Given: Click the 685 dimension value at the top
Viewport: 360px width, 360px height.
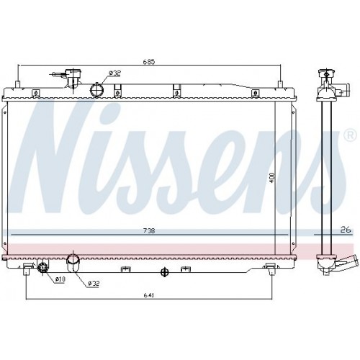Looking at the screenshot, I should pyautogui.click(x=149, y=62).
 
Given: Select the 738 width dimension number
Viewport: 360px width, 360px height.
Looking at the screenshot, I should pyautogui.click(x=149, y=230).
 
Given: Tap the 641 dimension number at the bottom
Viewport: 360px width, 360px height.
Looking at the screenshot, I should pyautogui.click(x=149, y=295).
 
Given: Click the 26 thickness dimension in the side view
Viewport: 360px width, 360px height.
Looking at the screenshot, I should pyautogui.click(x=344, y=230).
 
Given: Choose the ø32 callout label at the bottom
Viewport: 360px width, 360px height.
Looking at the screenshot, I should pyautogui.click(x=93, y=283).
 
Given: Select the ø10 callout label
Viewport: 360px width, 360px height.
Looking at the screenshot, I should pyautogui.click(x=60, y=279).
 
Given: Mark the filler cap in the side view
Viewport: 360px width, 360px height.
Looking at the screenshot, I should pyautogui.click(x=325, y=75).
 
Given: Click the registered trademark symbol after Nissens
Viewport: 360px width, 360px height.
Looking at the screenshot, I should pyautogui.click(x=349, y=135).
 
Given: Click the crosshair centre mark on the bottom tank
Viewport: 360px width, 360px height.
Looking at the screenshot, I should pyautogui.click(x=164, y=271).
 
